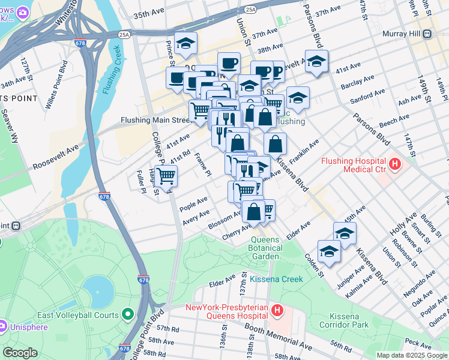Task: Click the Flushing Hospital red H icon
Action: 394,163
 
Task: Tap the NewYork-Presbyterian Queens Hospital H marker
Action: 277,310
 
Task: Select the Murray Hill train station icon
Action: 427,34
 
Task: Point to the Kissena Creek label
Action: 277,279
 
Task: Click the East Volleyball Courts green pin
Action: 127,314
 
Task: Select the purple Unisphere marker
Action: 4,326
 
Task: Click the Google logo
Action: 20,353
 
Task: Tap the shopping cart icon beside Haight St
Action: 166,176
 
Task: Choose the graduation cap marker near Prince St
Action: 186,44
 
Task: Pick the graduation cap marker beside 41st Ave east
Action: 316,61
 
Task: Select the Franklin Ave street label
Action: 304,153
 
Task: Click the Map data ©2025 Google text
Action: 411,355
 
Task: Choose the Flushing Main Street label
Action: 155,120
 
